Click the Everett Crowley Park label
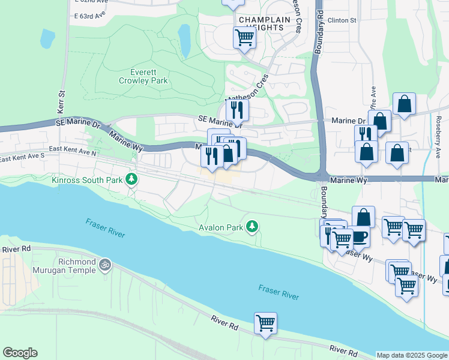143,76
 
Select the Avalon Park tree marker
253,226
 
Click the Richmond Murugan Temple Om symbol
105,263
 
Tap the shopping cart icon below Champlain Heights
244,38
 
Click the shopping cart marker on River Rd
265,323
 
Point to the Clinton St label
342,20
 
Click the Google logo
20,353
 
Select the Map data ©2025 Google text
412,355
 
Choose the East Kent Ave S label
22,158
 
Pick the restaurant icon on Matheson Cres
237,110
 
